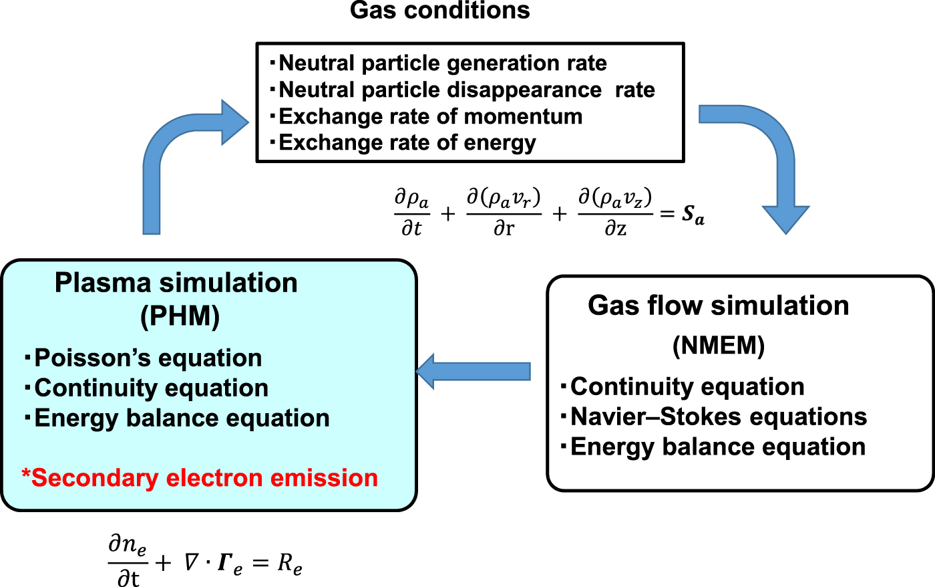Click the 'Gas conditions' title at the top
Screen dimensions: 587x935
click(x=439, y=11)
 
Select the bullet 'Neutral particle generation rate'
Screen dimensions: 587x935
click(x=442, y=64)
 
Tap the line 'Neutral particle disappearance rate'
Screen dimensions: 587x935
click(x=466, y=90)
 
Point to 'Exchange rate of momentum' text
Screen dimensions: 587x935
click(x=430, y=117)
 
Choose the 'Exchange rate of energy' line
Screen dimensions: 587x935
click(x=407, y=143)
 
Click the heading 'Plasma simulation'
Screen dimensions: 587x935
click(x=176, y=283)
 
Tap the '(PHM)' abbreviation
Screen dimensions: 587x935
click(x=180, y=317)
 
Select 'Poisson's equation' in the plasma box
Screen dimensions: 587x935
click(x=148, y=358)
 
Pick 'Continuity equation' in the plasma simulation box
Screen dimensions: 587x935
click(x=151, y=388)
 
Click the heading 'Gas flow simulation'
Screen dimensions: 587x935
click(x=719, y=306)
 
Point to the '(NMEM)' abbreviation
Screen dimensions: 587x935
click(x=719, y=346)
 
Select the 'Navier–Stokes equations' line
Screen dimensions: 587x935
click(x=718, y=417)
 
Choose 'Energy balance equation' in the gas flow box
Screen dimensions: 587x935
click(x=717, y=447)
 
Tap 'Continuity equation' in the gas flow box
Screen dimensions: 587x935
click(x=687, y=387)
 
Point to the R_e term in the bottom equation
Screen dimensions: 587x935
click(x=290, y=565)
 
